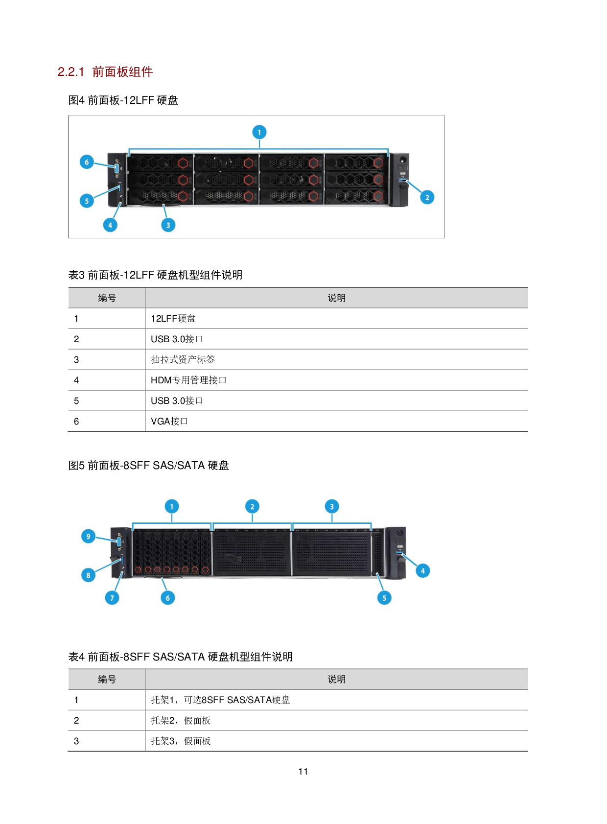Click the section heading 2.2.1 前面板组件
pyautogui.click(x=105, y=72)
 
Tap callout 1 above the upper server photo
pyautogui.click(x=259, y=132)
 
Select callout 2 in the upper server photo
pyautogui.click(x=427, y=197)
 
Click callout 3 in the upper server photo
pyautogui.click(x=168, y=225)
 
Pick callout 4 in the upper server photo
pyautogui.click(x=110, y=225)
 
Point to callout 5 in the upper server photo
pyautogui.click(x=87, y=201)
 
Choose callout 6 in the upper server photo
pyautogui.click(x=87, y=162)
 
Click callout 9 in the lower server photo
pyautogui.click(x=88, y=536)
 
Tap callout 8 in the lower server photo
pyautogui.click(x=88, y=575)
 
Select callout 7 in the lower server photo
pyautogui.click(x=112, y=598)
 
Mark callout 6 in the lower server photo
pyautogui.click(x=167, y=598)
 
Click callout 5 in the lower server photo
pyautogui.click(x=384, y=598)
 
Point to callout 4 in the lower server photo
pyautogui.click(x=422, y=571)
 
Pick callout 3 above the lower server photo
pyautogui.click(x=332, y=507)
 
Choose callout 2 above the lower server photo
pyautogui.click(x=252, y=507)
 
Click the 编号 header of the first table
pyautogui.click(x=107, y=298)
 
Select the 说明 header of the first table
pyautogui.click(x=336, y=298)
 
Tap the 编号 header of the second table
pyautogui.click(x=107, y=680)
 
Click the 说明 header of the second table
pyautogui.click(x=336, y=680)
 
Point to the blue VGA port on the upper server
pyautogui.click(x=117, y=168)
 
